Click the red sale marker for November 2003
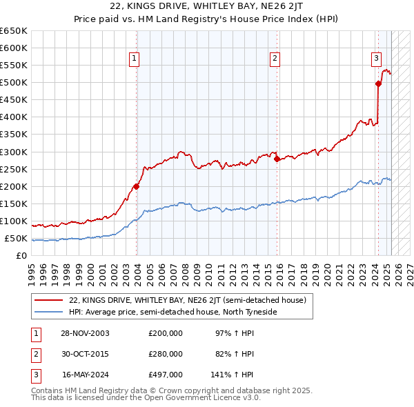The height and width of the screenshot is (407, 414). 137,186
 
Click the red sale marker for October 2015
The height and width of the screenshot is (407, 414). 277,159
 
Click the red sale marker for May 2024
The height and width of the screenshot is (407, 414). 378,84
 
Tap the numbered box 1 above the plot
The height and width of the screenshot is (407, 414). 133,59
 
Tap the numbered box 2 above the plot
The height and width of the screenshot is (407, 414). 275,59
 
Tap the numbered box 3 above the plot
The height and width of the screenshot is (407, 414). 377,59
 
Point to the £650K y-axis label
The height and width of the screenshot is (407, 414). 14,31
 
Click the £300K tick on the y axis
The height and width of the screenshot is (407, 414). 14,152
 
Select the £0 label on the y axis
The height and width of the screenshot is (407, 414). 22,255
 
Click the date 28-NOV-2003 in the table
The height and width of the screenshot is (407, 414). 86,333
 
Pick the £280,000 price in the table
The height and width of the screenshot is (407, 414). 166,354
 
